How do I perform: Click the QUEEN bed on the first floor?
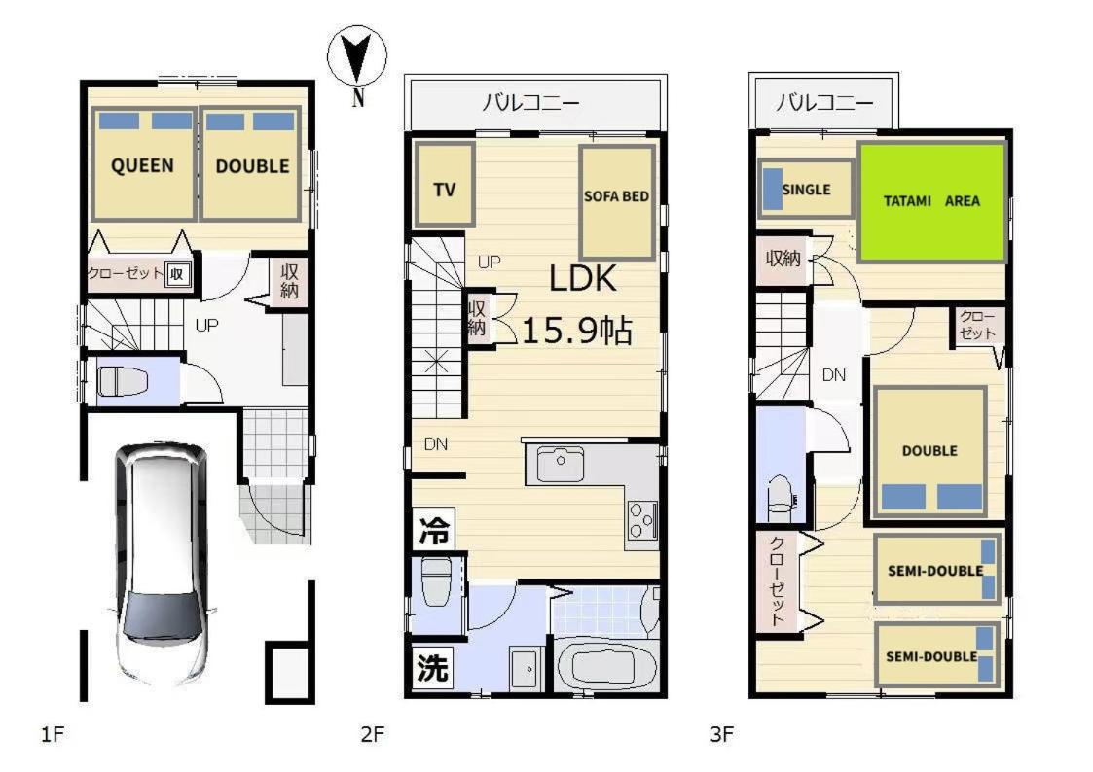(143, 164)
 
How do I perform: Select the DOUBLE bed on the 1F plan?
(251, 164)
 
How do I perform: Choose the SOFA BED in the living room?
(617, 202)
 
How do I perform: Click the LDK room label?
(583, 278)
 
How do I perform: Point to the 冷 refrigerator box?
(433, 530)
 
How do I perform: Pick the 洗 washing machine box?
(432, 668)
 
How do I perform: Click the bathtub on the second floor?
(604, 666)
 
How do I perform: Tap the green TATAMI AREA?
(932, 201)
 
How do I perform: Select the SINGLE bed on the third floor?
(806, 189)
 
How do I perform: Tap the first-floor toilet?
(123, 381)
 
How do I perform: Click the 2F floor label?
(372, 734)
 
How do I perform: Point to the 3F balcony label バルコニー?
(824, 103)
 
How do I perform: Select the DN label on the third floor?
(834, 375)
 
